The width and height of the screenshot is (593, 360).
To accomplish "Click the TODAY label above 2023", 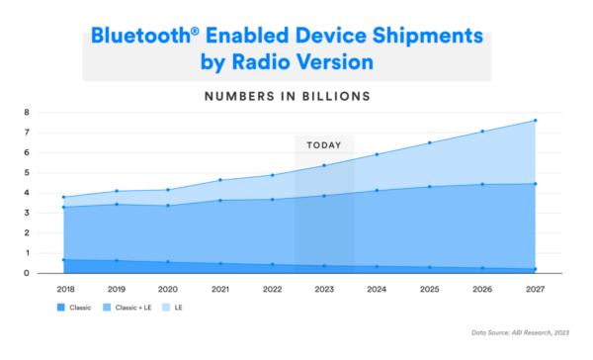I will [x=323, y=144].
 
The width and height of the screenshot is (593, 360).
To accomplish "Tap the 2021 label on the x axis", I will [x=219, y=288].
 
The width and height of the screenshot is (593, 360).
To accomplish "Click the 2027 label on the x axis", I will [x=535, y=288].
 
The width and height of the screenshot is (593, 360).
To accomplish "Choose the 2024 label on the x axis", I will [x=377, y=288].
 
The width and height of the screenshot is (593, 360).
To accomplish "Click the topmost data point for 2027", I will [x=535, y=121].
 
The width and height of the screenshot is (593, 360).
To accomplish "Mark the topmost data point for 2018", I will [x=63, y=197].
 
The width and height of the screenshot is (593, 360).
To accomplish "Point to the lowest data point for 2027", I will [x=535, y=269].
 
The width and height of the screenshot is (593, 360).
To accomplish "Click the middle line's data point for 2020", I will [x=167, y=206].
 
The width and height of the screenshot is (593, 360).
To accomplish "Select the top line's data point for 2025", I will [x=429, y=142].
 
